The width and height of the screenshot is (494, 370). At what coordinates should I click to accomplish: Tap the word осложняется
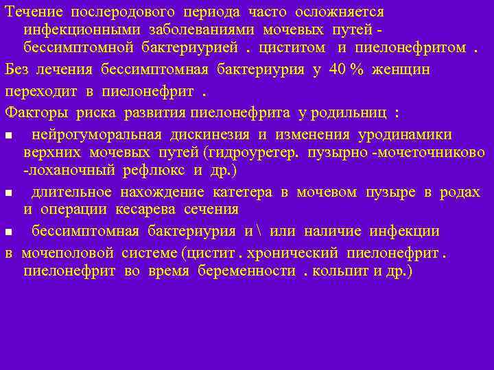[x=340, y=12]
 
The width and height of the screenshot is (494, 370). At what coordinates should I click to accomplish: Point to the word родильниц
[x=347, y=112]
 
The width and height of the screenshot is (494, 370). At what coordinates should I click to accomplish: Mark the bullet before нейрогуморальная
[x=10, y=134]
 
